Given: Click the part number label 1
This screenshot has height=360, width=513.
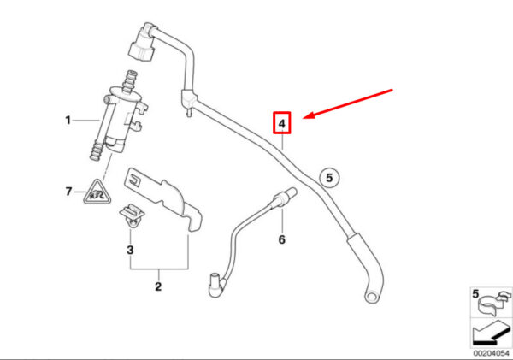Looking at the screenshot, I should pos(68,121).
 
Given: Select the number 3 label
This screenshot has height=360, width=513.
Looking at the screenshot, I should pos(130,251).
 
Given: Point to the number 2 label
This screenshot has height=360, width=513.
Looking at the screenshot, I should pos(157,286).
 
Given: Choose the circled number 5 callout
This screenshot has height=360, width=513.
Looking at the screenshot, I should pos(331,179).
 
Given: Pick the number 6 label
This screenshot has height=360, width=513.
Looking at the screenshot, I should pos(280,239).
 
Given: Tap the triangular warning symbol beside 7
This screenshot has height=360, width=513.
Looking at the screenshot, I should pos(96,196).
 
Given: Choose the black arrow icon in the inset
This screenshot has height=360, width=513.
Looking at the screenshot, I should pos(488,332).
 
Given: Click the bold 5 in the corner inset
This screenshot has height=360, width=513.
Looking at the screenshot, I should pos(476,294).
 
